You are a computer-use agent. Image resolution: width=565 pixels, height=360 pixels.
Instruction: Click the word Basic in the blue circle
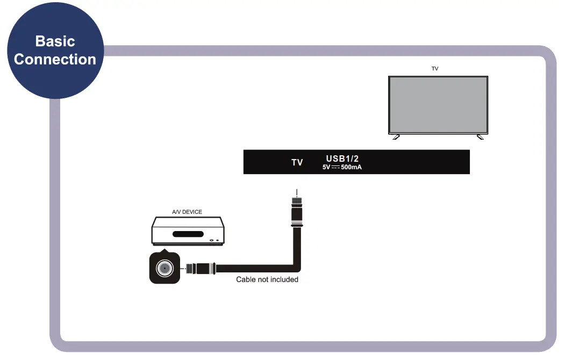tap(55, 41)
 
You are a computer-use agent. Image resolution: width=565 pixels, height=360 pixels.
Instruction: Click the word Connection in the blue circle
tap(55, 60)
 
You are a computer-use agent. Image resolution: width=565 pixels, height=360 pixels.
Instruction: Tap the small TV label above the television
tap(435, 68)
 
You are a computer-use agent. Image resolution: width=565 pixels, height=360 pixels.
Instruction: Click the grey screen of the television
tap(438, 105)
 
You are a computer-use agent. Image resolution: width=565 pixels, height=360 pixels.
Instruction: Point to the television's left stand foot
tap(396, 137)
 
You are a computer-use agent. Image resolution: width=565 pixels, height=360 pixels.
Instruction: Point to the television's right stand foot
tap(480, 137)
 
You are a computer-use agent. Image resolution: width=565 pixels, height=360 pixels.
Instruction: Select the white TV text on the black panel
tap(297, 162)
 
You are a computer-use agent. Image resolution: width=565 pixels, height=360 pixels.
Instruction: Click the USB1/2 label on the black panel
tap(342, 159)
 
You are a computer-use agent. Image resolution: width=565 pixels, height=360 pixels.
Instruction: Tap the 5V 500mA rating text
tap(342, 167)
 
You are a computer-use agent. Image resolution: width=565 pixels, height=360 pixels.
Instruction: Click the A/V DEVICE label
tap(187, 212)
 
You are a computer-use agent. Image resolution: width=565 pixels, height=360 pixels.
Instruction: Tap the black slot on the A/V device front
tap(188, 234)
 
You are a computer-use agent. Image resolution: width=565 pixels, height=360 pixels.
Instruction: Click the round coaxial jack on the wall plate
tap(165, 268)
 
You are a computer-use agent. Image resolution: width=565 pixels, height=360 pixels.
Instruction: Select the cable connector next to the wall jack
tap(201, 269)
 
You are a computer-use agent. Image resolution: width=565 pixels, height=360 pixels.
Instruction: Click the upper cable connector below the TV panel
tap(297, 212)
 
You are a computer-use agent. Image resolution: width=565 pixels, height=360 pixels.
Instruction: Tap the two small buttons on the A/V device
tap(214, 240)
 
